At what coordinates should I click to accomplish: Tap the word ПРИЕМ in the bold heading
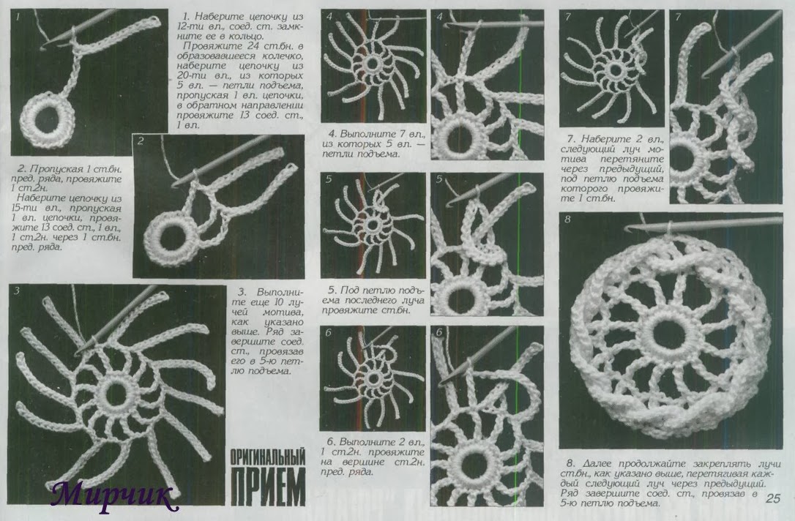[x=268, y=487]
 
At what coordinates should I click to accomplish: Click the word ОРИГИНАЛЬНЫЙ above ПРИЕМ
[x=268, y=457]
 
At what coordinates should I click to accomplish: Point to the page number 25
[x=773, y=498]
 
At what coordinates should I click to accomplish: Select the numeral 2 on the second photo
[x=140, y=141]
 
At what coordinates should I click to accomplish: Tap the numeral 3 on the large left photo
[x=17, y=291]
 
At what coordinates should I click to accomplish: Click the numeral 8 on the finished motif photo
[x=567, y=220]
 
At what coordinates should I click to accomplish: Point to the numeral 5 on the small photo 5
[x=329, y=180]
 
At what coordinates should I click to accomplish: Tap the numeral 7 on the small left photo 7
[x=567, y=18]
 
